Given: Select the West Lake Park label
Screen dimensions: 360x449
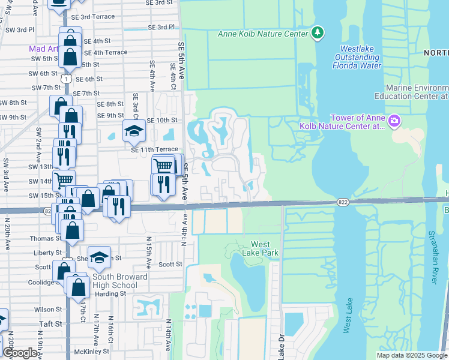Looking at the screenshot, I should point(261,248).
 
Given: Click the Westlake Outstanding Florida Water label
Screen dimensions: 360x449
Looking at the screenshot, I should point(361,57).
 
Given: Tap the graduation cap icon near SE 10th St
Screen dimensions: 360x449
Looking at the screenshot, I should point(134,131).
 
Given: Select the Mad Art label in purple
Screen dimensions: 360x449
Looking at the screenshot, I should point(43,49).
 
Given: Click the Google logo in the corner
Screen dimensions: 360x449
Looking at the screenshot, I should point(20,353).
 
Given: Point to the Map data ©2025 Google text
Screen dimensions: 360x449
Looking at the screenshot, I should point(411,355).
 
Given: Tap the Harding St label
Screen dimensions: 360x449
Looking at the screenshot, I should point(109,293).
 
